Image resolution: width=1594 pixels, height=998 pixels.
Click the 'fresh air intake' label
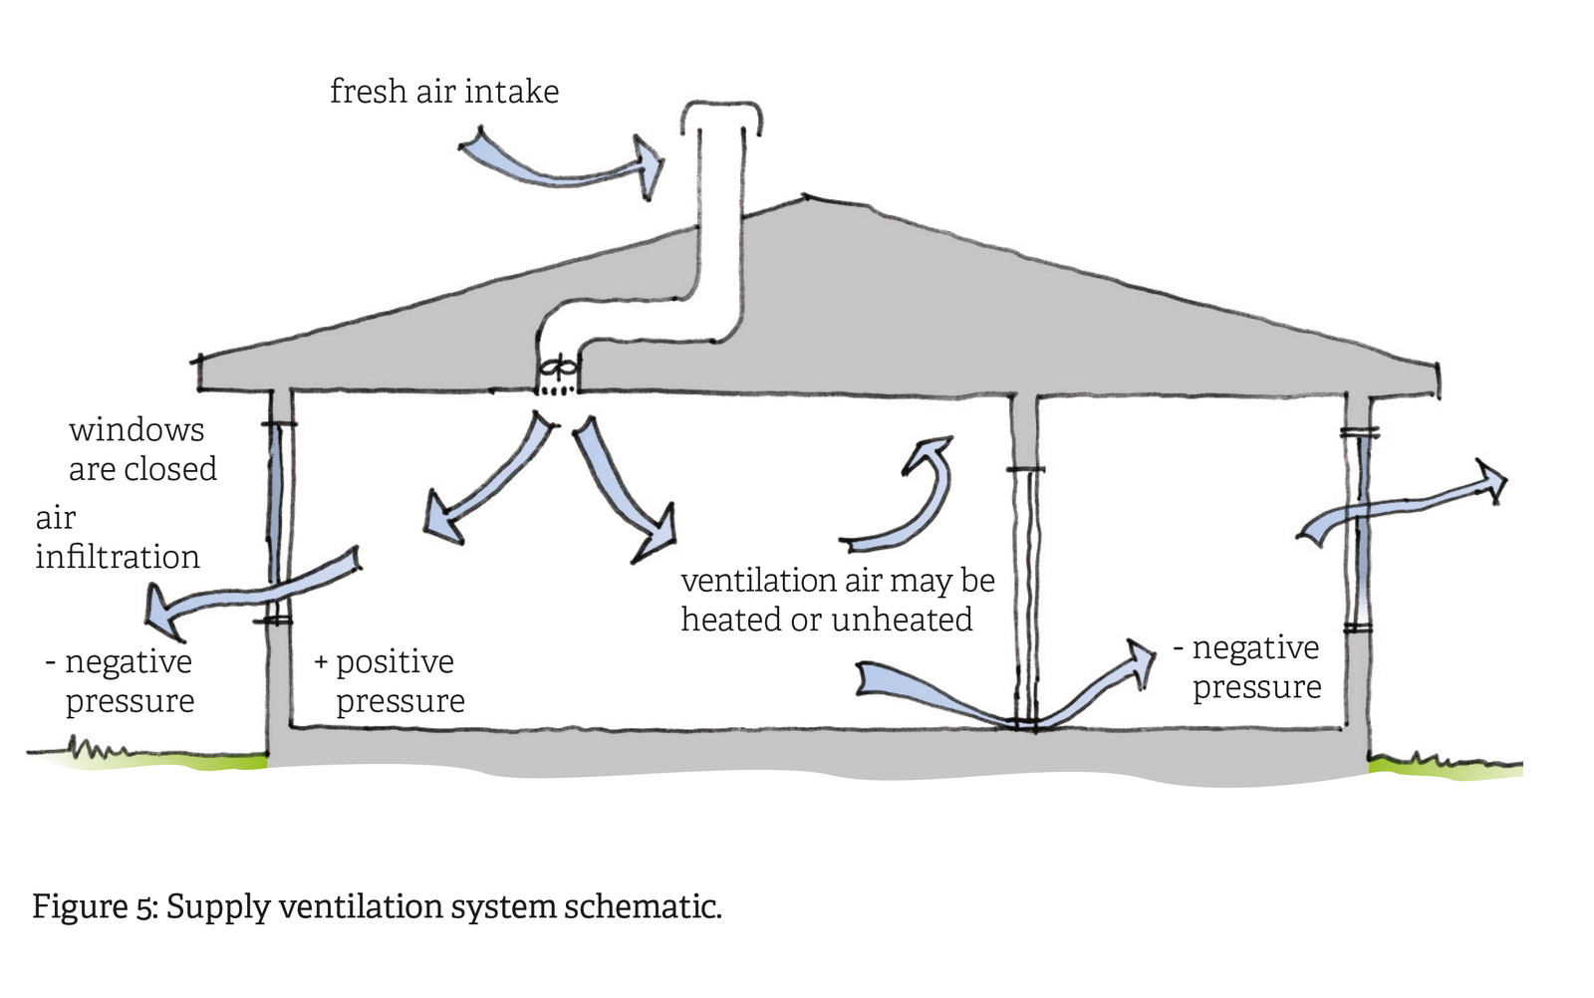tap(444, 92)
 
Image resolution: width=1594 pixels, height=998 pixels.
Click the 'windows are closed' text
tap(141, 449)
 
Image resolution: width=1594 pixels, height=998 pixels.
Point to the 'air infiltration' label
tap(117, 538)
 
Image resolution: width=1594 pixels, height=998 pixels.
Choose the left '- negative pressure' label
tap(122, 681)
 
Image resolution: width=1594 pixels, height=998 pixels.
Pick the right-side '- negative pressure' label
tap(1249, 667)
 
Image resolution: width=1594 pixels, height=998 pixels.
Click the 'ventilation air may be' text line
tap(837, 581)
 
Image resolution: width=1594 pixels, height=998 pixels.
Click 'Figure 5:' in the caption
tap(95, 907)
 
